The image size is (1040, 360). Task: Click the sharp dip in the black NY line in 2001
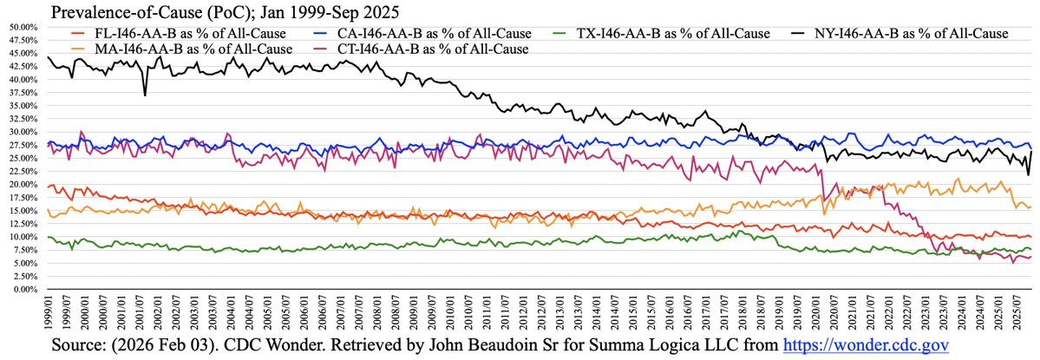coord(145,95)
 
